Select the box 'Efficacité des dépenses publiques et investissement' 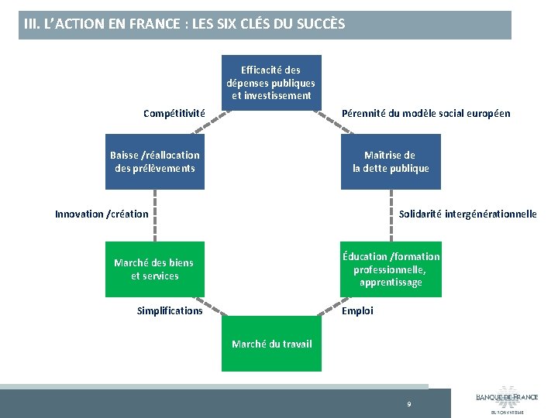coord(270,83)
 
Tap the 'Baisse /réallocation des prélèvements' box coord(155,162)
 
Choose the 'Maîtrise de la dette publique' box coord(391,162)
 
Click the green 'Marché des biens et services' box coord(155,269)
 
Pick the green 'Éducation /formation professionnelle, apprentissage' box coord(391,269)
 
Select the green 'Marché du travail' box coord(271,344)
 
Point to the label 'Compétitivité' coord(174,113)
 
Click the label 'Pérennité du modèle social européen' coord(426,113)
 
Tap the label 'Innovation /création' coord(102,214)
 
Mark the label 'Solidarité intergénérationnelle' coord(467,214)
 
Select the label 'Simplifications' coord(170,310)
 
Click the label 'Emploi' coord(357,310)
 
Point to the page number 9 coord(409,404)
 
